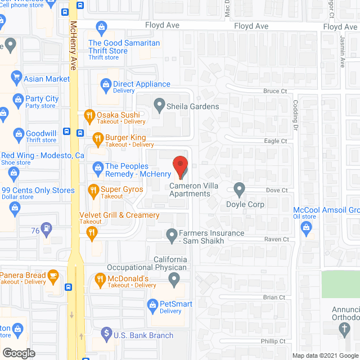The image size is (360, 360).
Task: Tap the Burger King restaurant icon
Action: tap(97, 138)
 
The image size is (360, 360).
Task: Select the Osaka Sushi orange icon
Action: tap(88, 116)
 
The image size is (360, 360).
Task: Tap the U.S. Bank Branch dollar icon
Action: tap(106, 334)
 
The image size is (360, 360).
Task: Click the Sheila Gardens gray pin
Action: tap(160, 105)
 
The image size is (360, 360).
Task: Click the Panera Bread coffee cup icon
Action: tap(53, 275)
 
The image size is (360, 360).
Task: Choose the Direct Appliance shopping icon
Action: tap(105, 84)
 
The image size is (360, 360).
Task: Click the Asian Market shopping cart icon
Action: tap(17, 78)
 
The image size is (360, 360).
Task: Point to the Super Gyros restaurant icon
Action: tap(92, 191)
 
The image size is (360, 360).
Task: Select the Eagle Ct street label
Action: tap(276, 141)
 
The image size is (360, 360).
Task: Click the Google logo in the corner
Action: tap(18, 353)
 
